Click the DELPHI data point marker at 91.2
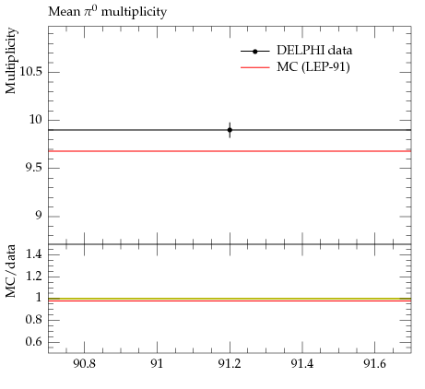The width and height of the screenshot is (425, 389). coord(230,130)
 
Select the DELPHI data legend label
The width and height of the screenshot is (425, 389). coord(314,51)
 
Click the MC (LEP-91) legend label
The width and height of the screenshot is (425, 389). coord(313,67)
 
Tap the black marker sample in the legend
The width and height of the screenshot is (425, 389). coord(255,52)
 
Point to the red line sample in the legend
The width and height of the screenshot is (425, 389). coord(255,67)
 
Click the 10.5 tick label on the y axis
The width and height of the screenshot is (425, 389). coord(31,72)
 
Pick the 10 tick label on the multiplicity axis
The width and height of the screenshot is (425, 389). coord(36,120)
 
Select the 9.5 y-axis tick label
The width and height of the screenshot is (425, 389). coord(34,168)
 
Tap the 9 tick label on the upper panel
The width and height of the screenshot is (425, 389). coord(38,216)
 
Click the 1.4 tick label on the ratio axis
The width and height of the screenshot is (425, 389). coord(34,254)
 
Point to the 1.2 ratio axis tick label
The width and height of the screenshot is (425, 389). coord(34,276)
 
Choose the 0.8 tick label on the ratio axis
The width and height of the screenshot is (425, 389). coord(34,320)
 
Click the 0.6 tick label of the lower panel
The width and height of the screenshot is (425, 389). coord(34,341)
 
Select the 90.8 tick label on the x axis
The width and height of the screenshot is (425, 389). coord(84,364)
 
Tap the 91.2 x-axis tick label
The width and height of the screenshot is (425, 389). coord(230,364)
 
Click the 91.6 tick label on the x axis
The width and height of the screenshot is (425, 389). coord(374,364)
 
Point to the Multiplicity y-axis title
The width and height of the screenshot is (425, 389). coord(11,61)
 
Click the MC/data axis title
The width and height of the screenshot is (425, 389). coord(11,271)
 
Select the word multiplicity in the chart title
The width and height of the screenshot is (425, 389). coord(134,12)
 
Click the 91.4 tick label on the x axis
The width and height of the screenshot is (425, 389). coord(302,364)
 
